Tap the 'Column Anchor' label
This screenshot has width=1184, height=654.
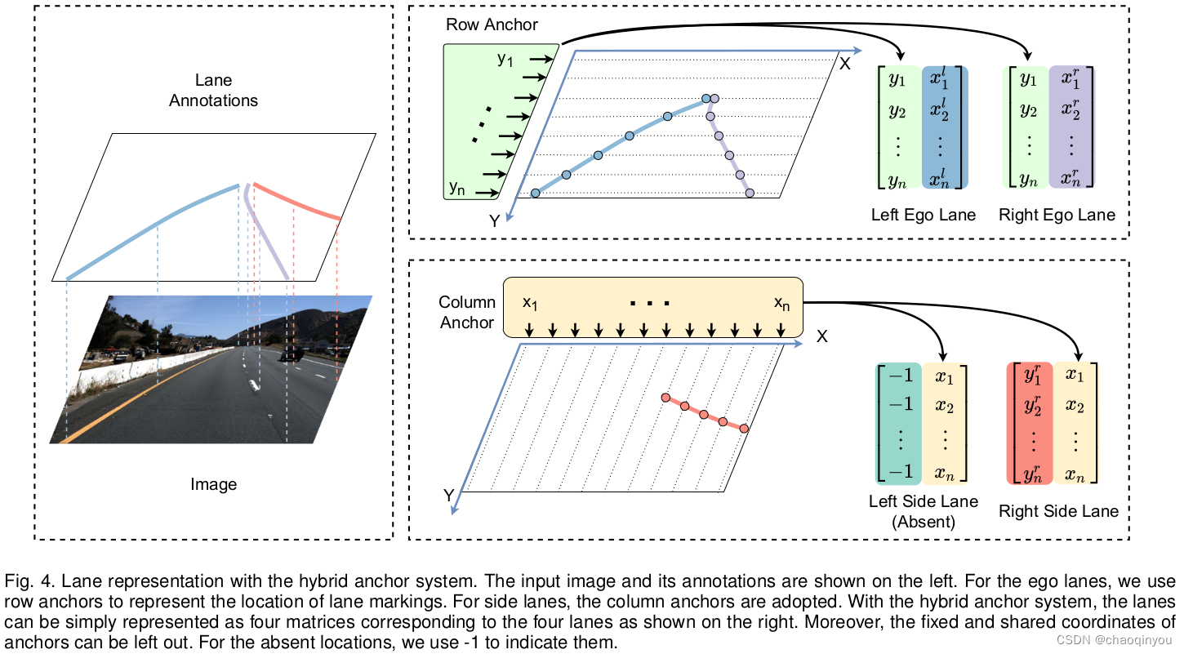point(467,312)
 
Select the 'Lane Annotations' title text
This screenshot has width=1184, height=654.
point(213,91)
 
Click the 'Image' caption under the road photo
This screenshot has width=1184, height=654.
point(213,484)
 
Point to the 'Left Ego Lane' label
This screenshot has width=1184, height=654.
point(923,216)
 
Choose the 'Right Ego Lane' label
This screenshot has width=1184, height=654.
point(1057,216)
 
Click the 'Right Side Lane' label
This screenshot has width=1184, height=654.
point(1058,511)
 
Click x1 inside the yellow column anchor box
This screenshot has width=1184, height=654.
point(531,303)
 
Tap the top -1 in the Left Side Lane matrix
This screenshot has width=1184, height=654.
point(899,377)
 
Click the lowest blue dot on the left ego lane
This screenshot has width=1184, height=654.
point(536,194)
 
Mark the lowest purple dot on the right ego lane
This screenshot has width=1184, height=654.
point(749,193)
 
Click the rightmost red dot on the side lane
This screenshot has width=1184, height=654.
point(744,428)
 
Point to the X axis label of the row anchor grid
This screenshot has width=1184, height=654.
point(844,63)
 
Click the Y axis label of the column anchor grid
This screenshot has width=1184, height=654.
point(448,495)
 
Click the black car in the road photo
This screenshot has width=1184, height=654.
point(291,354)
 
